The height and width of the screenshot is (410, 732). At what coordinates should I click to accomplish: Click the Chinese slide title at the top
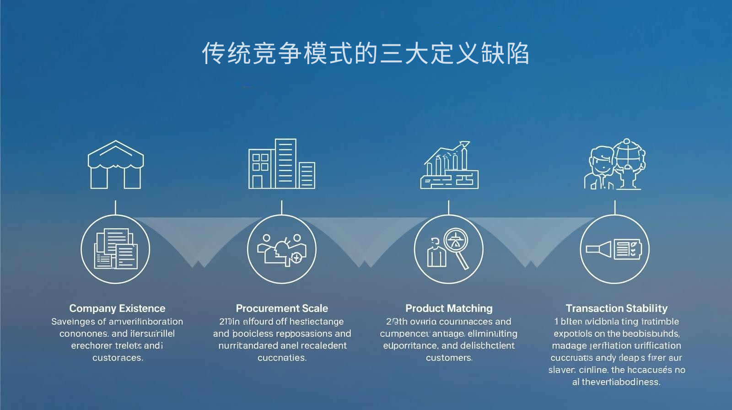pyautogui.click(x=366, y=54)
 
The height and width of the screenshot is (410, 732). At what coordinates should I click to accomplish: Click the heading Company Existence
pyautogui.click(x=117, y=308)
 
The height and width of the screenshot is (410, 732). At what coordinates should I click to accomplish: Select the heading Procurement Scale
pyautogui.click(x=282, y=308)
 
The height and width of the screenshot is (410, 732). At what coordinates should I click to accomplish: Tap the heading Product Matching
pyautogui.click(x=449, y=308)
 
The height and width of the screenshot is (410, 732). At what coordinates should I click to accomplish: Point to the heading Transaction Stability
pyautogui.click(x=616, y=308)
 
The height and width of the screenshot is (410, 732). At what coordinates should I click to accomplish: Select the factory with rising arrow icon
pyautogui.click(x=449, y=165)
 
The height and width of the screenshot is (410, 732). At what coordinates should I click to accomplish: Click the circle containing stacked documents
pyautogui.click(x=115, y=249)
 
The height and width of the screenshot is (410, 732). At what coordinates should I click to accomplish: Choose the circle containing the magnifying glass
pyautogui.click(x=448, y=249)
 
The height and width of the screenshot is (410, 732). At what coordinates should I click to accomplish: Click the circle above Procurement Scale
pyautogui.click(x=282, y=249)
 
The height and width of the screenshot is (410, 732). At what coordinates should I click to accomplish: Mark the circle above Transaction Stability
pyautogui.click(x=614, y=249)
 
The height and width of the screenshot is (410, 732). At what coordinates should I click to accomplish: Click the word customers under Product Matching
pyautogui.click(x=449, y=358)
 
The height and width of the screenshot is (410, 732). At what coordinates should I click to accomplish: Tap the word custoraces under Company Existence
pyautogui.click(x=118, y=358)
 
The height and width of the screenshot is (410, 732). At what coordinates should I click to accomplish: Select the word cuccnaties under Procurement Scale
pyautogui.click(x=282, y=358)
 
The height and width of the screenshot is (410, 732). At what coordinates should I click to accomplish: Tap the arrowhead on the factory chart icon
pyautogui.click(x=464, y=145)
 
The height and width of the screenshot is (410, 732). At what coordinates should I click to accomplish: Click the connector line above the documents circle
pyautogui.click(x=115, y=207)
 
